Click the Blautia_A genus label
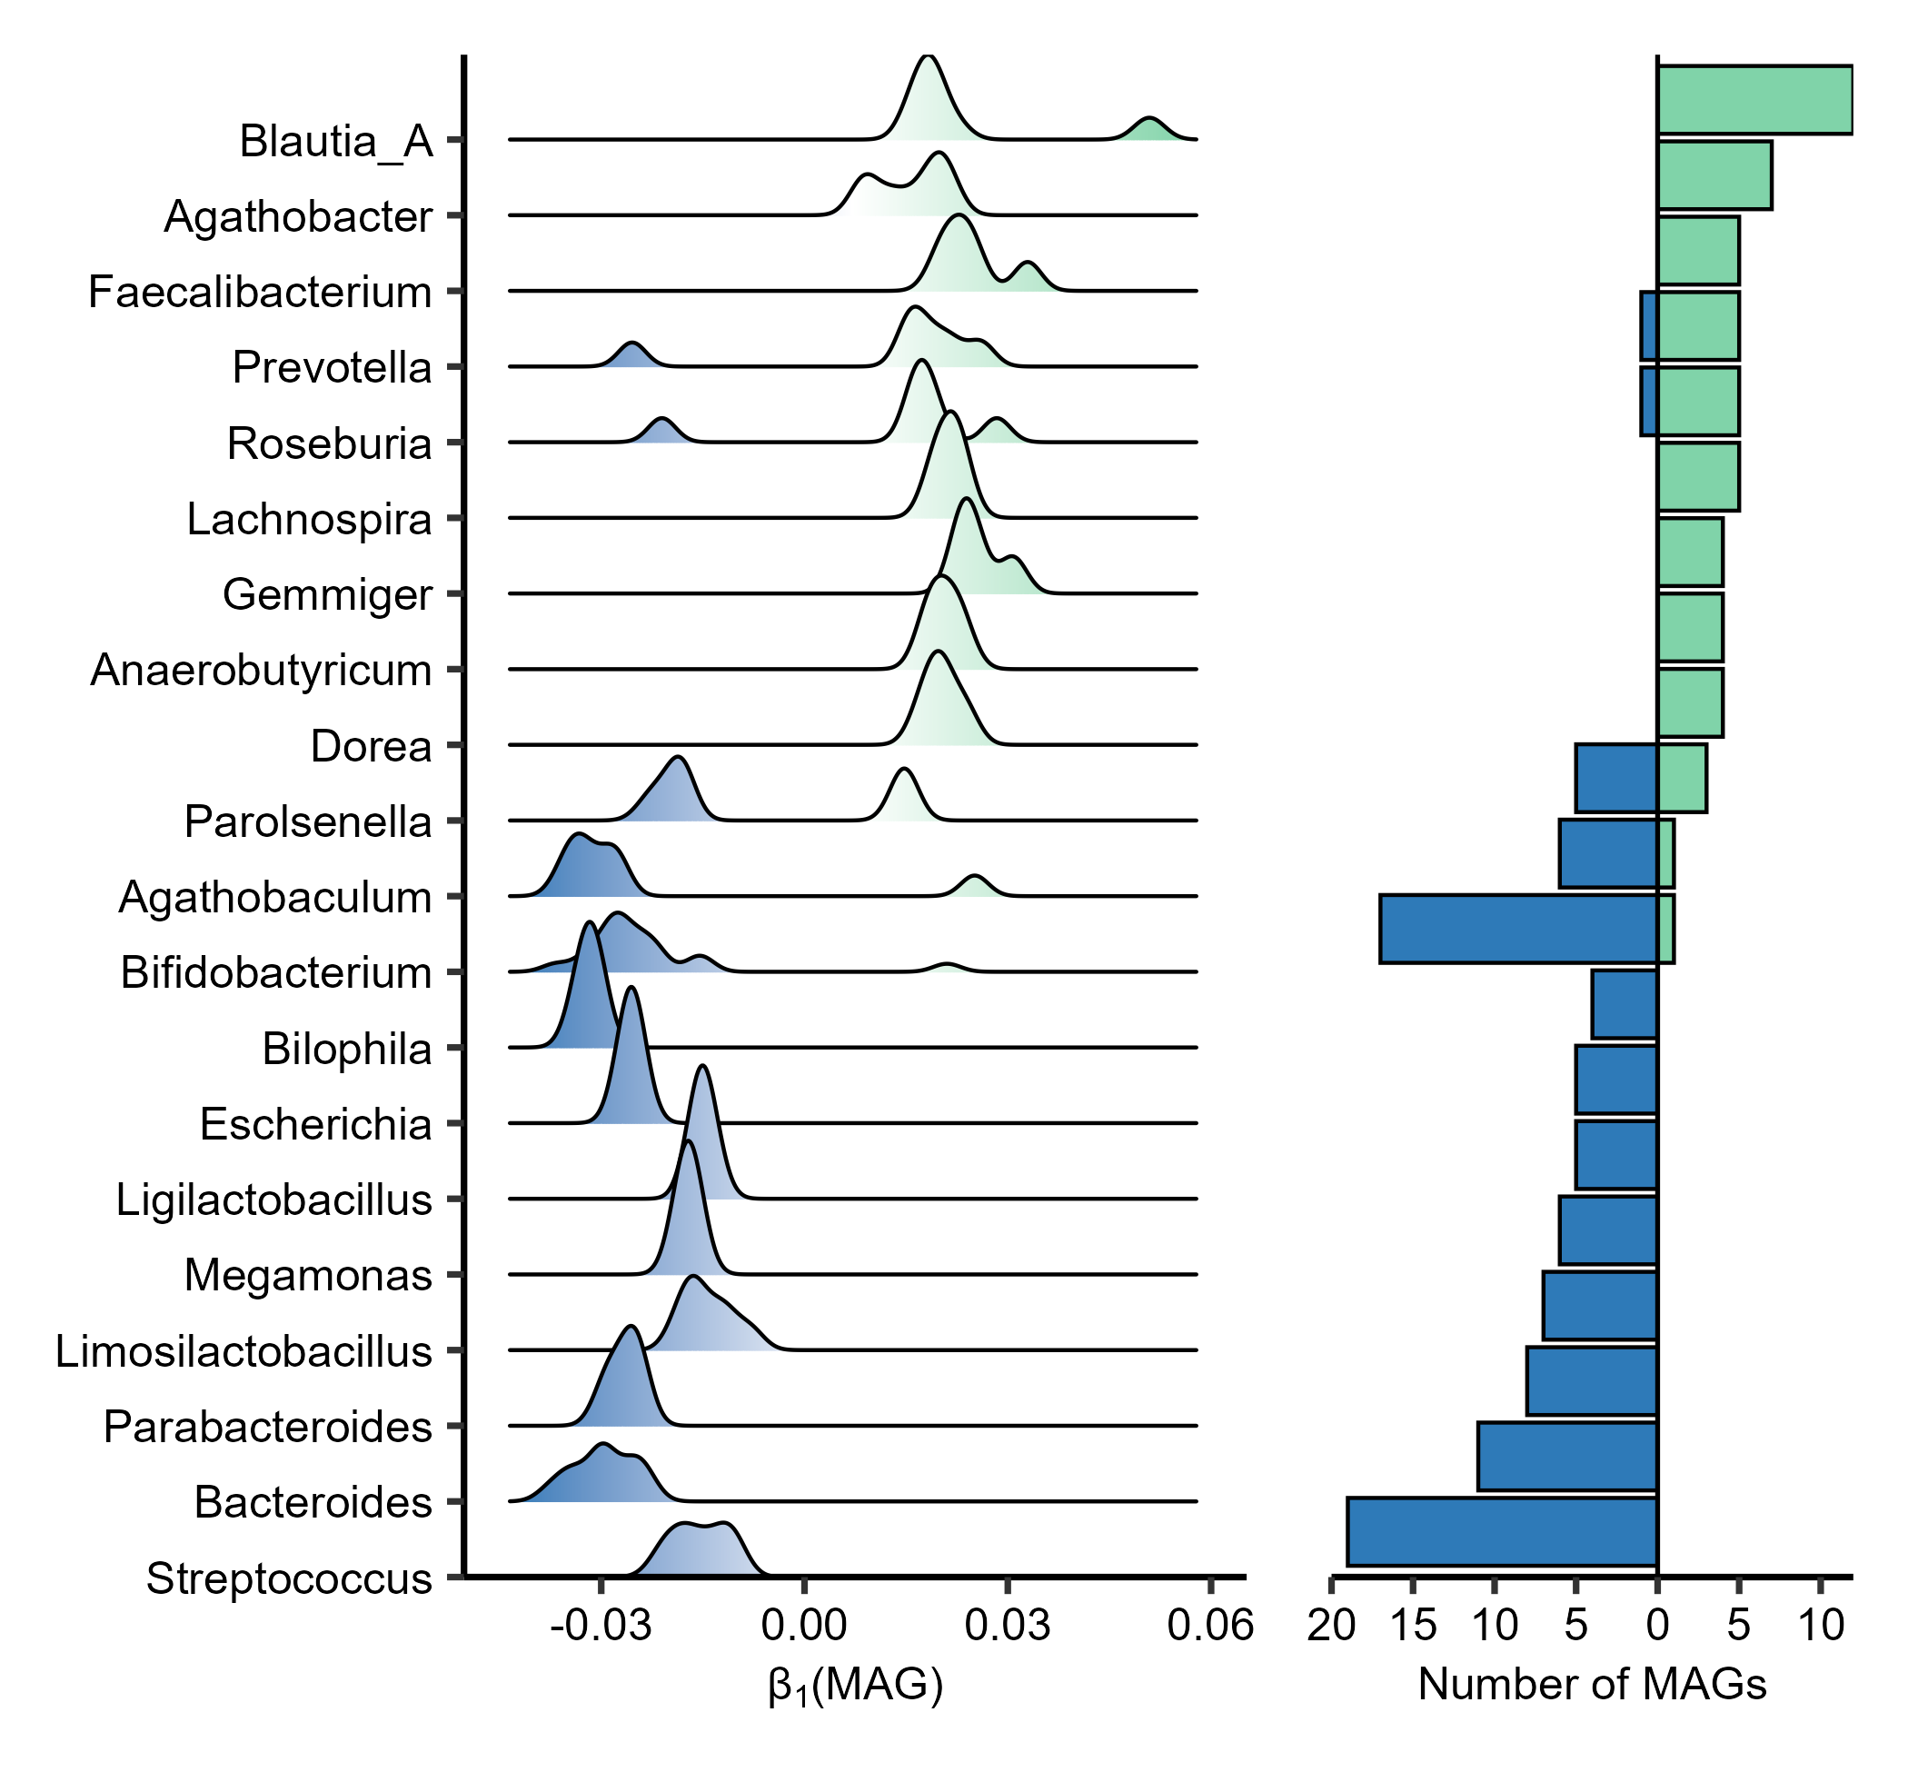335,142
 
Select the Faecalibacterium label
260,293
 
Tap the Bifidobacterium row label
276,973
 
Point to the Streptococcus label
289,1578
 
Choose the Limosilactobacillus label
243,1351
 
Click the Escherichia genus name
315,1125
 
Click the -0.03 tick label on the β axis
601,1627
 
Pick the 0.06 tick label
1210,1627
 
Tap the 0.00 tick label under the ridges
803,1627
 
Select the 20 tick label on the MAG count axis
1331,1627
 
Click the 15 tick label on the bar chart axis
1412,1627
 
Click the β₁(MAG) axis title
855,1687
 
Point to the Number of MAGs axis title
1592,1685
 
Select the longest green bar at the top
1754,100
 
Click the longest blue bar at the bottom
1502,1531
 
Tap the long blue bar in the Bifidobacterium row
1518,929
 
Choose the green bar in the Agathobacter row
1714,175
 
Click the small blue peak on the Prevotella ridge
631,355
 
